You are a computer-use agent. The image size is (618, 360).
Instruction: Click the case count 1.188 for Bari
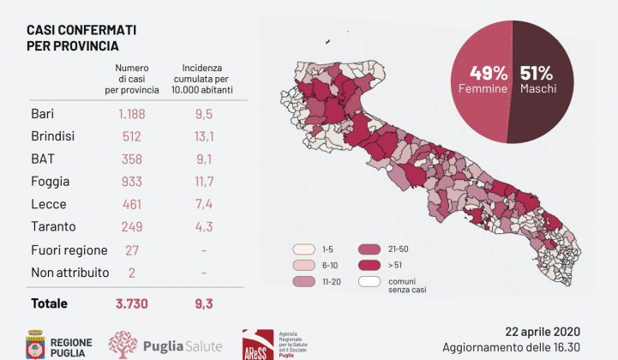(x=134, y=113)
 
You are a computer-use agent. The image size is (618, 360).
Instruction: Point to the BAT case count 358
(x=134, y=159)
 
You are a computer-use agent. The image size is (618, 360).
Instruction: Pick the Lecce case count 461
(x=134, y=204)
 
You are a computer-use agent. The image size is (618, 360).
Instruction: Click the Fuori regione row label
(x=69, y=250)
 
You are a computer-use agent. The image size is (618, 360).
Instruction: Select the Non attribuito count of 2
(x=134, y=273)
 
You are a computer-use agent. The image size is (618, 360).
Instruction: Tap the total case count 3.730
(x=134, y=303)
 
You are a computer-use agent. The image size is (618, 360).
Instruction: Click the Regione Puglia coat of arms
(x=35, y=343)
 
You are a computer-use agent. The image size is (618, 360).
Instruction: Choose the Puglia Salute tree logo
(x=123, y=344)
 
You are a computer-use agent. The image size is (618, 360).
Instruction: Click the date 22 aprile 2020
(x=542, y=332)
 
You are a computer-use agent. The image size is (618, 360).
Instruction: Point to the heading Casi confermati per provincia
(x=81, y=38)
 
